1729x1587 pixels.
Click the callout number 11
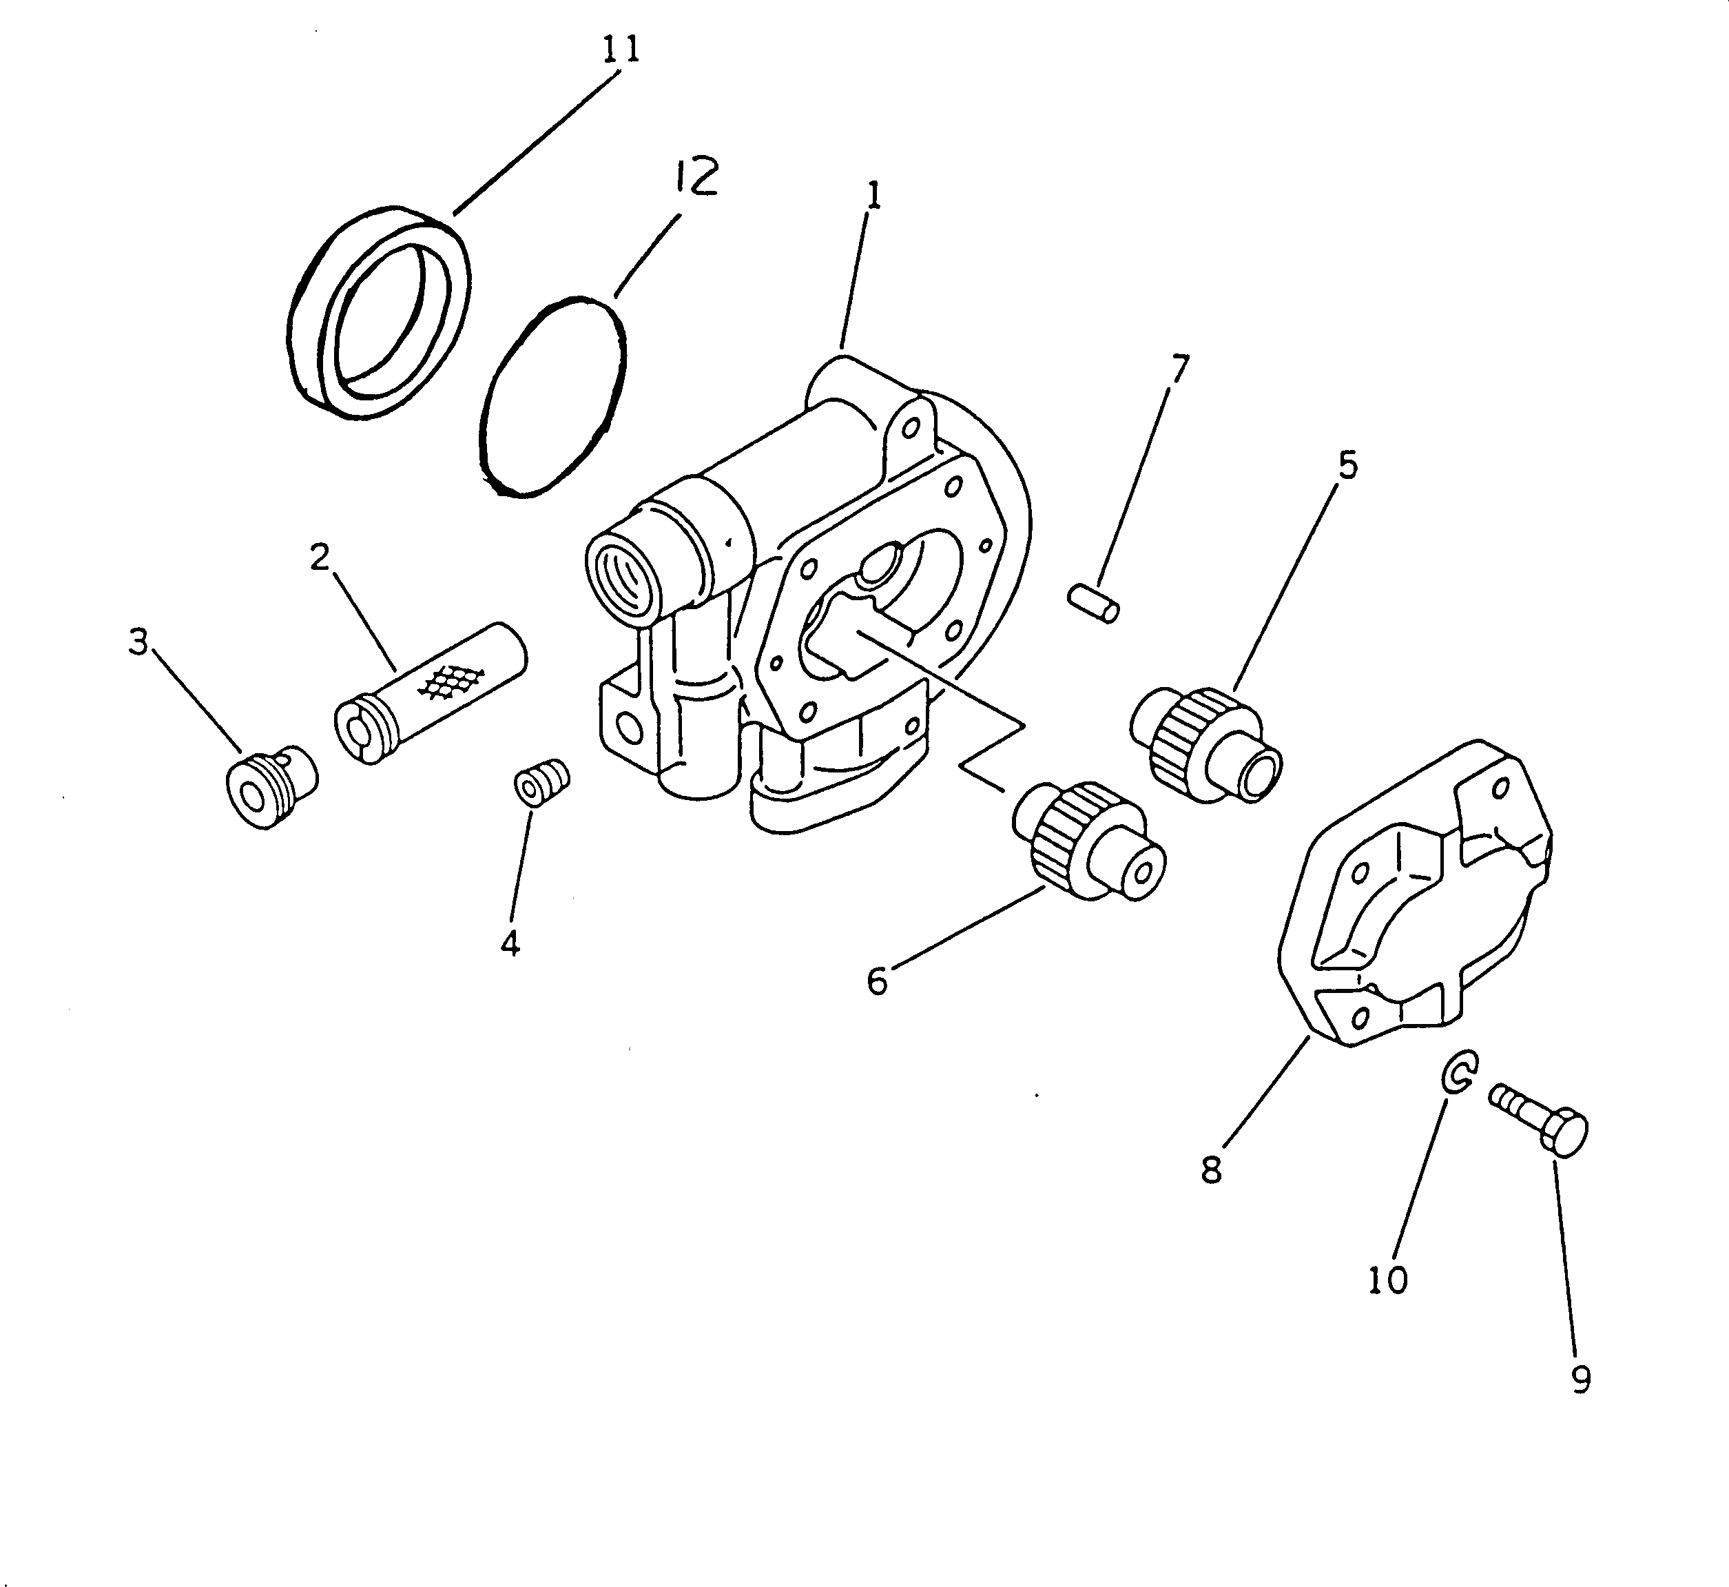click(x=621, y=49)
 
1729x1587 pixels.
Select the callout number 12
click(x=694, y=177)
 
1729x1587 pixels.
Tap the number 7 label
click(x=1181, y=369)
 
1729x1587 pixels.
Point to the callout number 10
click(x=1388, y=1280)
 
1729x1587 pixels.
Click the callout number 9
click(x=1580, y=1380)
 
